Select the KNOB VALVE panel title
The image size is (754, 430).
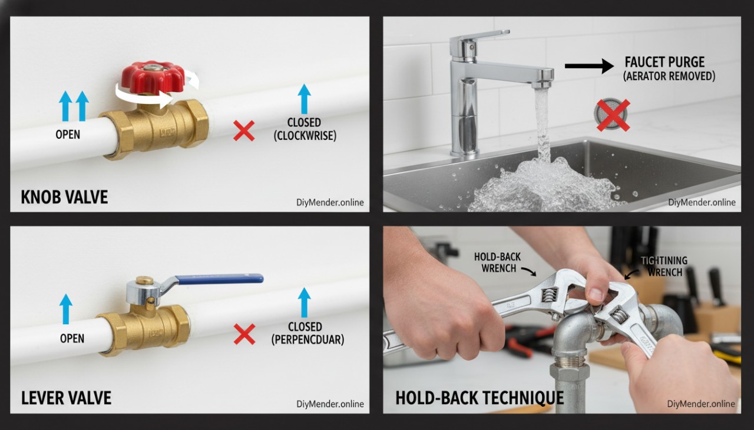click(x=64, y=196)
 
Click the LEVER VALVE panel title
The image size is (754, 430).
click(x=66, y=398)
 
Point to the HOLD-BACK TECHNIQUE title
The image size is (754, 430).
click(x=479, y=398)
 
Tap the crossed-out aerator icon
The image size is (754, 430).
click(x=613, y=115)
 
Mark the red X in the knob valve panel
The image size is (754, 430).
click(x=244, y=131)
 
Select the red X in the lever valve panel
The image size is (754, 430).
click(x=244, y=334)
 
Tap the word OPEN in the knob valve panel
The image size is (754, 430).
click(x=68, y=135)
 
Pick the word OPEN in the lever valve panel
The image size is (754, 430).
click(x=72, y=339)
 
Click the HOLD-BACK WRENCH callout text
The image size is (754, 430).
click(x=497, y=263)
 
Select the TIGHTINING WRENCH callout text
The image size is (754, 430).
click(x=663, y=266)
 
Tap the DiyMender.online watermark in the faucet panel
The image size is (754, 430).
click(x=702, y=202)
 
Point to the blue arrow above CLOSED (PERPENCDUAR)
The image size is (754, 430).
click(x=304, y=302)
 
